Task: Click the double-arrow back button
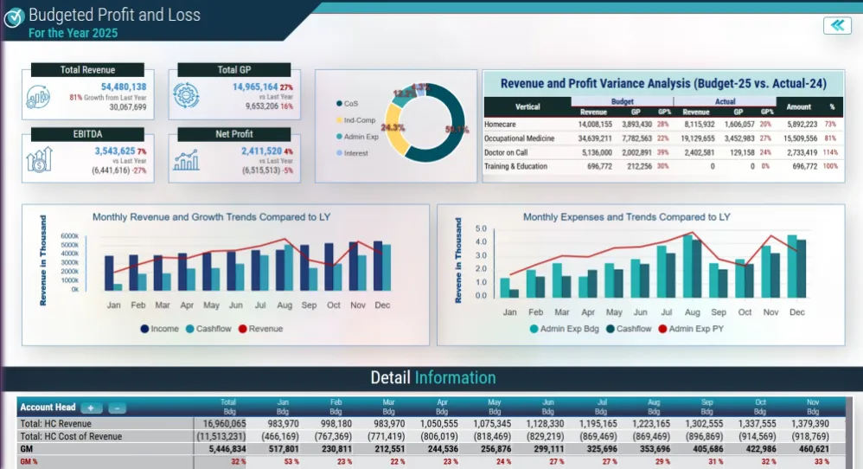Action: coord(837,25)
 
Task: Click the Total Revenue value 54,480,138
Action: coord(123,87)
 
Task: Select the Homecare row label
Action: coord(502,125)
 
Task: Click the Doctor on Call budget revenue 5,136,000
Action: coord(594,152)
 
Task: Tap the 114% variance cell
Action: coord(831,152)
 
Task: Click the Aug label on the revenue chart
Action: coord(284,305)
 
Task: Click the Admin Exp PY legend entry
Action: coord(696,329)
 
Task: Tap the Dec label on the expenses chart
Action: coord(796,312)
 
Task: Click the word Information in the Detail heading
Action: coord(455,378)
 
